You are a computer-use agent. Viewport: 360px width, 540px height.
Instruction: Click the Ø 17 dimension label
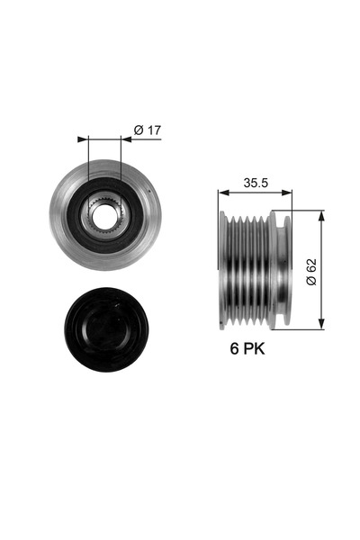click(147, 130)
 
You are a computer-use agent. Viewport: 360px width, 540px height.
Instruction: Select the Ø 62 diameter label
click(310, 271)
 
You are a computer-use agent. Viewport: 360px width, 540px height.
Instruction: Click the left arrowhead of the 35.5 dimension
click(222, 192)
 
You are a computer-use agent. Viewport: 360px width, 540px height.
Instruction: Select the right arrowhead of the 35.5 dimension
click(288, 192)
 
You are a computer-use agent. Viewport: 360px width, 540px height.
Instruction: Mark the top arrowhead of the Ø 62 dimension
click(322, 214)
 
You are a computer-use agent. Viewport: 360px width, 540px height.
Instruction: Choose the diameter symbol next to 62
click(310, 282)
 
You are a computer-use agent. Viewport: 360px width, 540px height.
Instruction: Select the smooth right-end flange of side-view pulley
click(285, 270)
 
